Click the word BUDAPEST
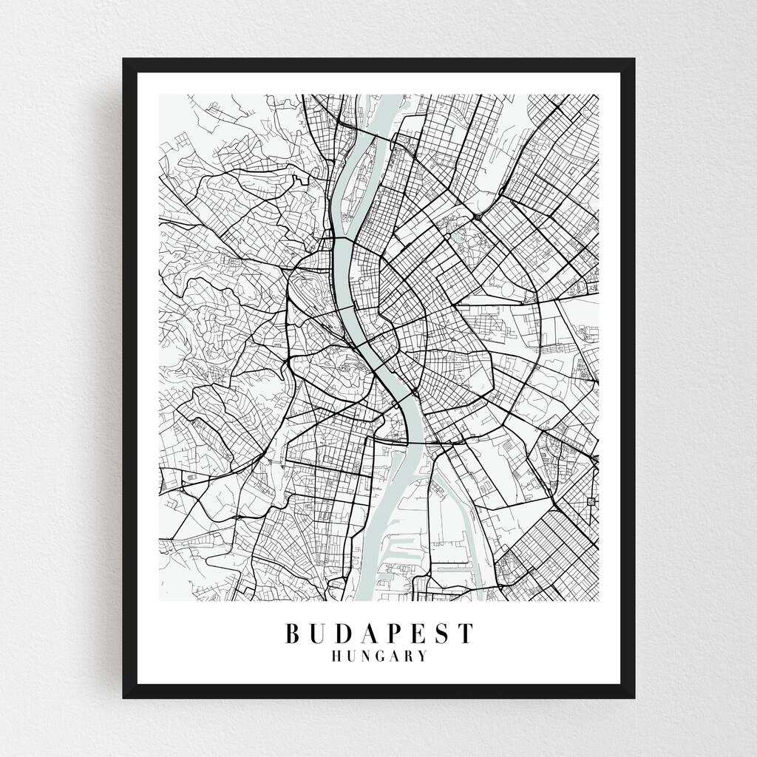[378, 634]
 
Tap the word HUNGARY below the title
[378, 656]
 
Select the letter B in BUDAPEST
[293, 634]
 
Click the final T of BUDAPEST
[464, 634]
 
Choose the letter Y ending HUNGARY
[422, 656]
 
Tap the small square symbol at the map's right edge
[589, 503]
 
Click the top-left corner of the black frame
[124, 59]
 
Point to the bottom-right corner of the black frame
[634, 697]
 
